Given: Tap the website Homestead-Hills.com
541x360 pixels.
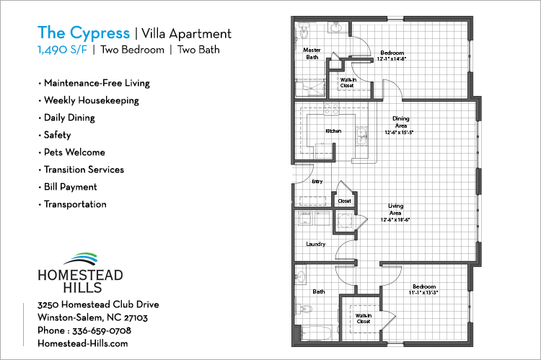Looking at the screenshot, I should pos(82,343).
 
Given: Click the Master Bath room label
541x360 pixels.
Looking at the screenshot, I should pos(312,53).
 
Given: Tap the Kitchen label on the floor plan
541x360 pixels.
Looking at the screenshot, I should pos(333,131).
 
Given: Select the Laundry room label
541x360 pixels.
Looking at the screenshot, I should pos(316,244).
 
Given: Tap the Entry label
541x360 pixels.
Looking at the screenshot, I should pos(317,182).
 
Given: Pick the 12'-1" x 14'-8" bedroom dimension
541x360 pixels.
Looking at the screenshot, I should pos(392,58).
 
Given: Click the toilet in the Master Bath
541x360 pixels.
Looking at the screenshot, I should pos(304,32).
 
